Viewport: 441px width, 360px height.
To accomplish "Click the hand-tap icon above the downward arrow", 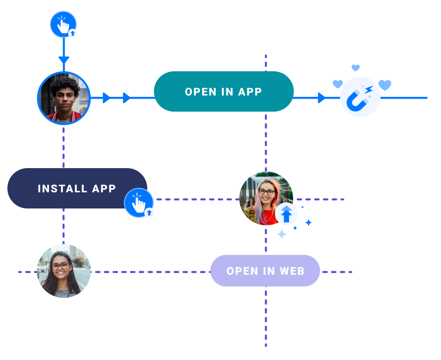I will (63, 24).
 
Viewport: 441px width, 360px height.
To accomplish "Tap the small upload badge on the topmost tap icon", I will (73, 33).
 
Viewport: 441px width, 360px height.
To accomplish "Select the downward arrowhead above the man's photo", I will (64, 60).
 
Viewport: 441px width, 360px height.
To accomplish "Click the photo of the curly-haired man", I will (64, 98).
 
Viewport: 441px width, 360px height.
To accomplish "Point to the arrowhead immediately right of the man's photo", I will (106, 98).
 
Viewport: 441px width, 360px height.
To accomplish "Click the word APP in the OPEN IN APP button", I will (250, 91).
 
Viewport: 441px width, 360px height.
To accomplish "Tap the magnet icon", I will (360, 97).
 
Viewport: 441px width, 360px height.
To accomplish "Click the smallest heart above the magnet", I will (355, 68).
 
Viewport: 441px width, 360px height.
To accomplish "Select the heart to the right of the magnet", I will (385, 85).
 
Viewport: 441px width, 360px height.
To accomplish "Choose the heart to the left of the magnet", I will (337, 84).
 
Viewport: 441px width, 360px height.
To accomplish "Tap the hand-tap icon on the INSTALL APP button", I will (138, 203).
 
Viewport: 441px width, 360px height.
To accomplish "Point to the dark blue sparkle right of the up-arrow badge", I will (308, 222).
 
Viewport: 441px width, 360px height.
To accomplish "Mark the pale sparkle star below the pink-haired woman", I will (281, 234).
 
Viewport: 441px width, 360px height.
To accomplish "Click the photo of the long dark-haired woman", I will (64, 271).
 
